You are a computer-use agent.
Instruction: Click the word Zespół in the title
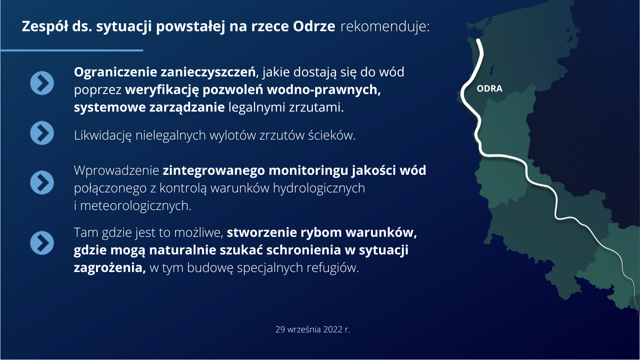pyautogui.click(x=45, y=26)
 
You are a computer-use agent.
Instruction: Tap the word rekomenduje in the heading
pyautogui.click(x=385, y=26)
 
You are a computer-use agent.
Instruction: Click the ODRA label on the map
pyautogui.click(x=490, y=88)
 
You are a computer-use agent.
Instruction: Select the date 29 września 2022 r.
pyautogui.click(x=312, y=330)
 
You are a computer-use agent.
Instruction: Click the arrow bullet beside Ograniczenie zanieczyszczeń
pyautogui.click(x=42, y=83)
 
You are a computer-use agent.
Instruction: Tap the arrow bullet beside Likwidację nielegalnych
pyautogui.click(x=42, y=133)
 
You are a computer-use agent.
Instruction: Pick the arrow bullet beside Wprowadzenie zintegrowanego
pyautogui.click(x=42, y=182)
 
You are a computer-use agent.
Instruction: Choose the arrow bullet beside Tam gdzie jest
pyautogui.click(x=42, y=243)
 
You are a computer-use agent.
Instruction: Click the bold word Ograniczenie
pyautogui.click(x=116, y=72)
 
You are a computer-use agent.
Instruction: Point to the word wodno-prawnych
pyautogui.click(x=324, y=90)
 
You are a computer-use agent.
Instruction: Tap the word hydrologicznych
pyautogui.click(x=319, y=188)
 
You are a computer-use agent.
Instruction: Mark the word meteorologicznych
pyautogui.click(x=136, y=206)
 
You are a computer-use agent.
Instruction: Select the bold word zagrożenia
pyautogui.click(x=110, y=268)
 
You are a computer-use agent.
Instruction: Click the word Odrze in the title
pyautogui.click(x=314, y=26)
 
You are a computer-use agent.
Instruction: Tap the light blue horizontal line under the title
pyautogui.click(x=72, y=50)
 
